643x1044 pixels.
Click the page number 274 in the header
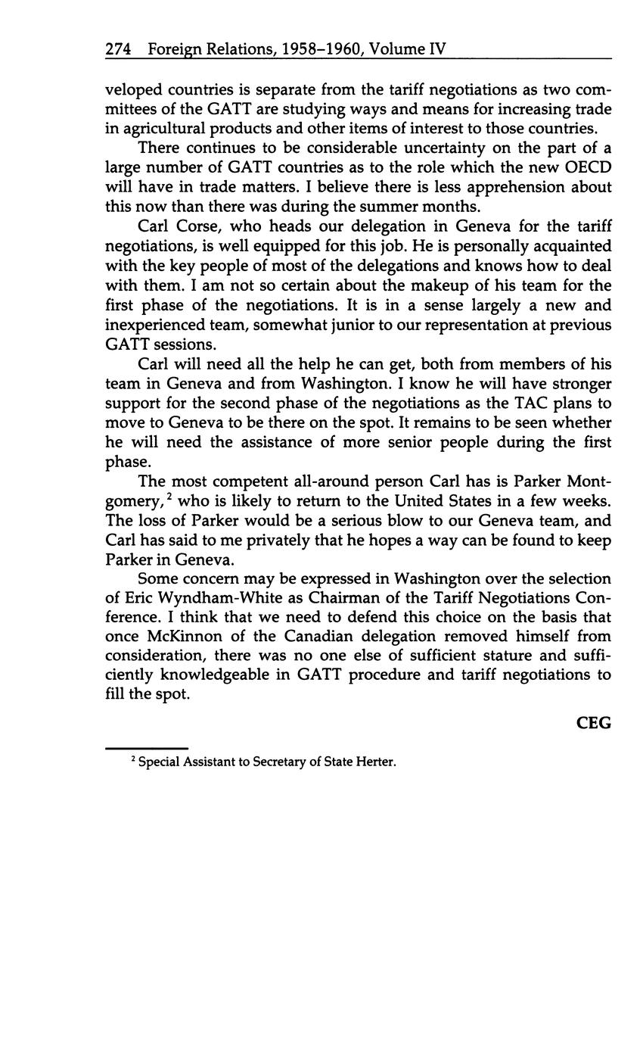(119, 50)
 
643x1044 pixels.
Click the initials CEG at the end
(593, 723)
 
